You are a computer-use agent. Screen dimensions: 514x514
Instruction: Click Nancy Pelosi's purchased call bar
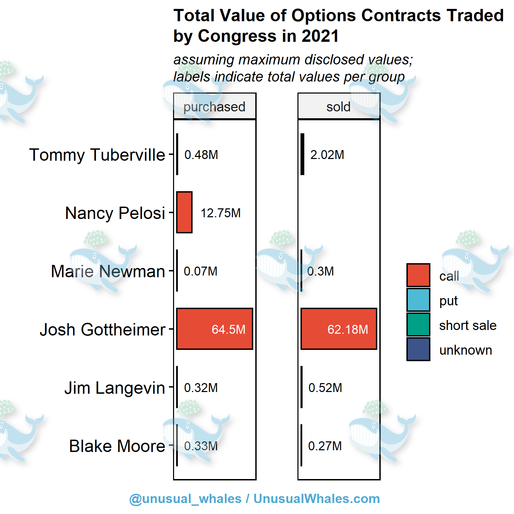tap(184, 212)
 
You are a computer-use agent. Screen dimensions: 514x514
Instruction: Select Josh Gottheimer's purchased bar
tap(215, 329)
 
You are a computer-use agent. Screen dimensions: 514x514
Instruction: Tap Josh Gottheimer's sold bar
tap(339, 329)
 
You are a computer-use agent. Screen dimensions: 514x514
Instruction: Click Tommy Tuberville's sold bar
tap(302, 154)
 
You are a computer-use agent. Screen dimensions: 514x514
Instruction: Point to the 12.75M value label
tap(221, 213)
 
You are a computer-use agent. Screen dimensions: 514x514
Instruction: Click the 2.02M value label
tap(327, 155)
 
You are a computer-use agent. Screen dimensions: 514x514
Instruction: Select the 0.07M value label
tap(201, 271)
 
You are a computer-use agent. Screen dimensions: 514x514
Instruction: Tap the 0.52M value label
tap(325, 388)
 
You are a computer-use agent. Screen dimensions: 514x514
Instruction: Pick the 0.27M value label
tap(325, 446)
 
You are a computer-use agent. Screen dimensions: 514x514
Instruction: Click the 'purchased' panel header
tap(215, 107)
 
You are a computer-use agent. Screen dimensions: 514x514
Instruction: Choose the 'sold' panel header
tap(339, 107)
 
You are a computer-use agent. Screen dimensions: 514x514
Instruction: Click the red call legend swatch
tap(418, 275)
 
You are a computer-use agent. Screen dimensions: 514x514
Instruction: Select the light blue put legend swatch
tap(418, 300)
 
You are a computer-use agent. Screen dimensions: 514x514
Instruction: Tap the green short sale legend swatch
tap(418, 325)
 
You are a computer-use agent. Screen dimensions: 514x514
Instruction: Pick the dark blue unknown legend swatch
tap(418, 349)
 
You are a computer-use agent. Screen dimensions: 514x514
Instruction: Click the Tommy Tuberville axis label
tap(97, 155)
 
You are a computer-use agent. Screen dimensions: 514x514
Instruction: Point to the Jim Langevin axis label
tap(115, 388)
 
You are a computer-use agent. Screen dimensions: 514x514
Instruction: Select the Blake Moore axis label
tap(117, 446)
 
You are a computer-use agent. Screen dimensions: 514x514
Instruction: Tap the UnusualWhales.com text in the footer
tap(317, 499)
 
